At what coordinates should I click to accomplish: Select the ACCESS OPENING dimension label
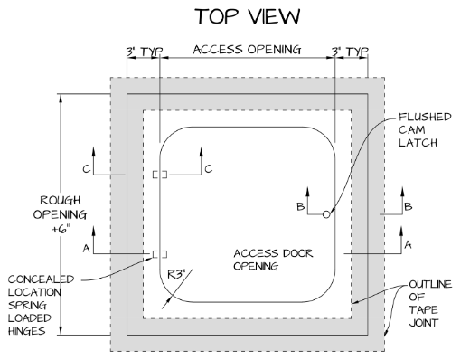click(247, 51)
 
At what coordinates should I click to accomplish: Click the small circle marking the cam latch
click(326, 214)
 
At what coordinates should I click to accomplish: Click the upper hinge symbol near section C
click(160, 174)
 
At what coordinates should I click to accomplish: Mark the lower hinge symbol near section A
click(160, 253)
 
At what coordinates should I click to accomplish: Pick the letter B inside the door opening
click(298, 207)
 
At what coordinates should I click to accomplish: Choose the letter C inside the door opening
click(208, 167)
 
